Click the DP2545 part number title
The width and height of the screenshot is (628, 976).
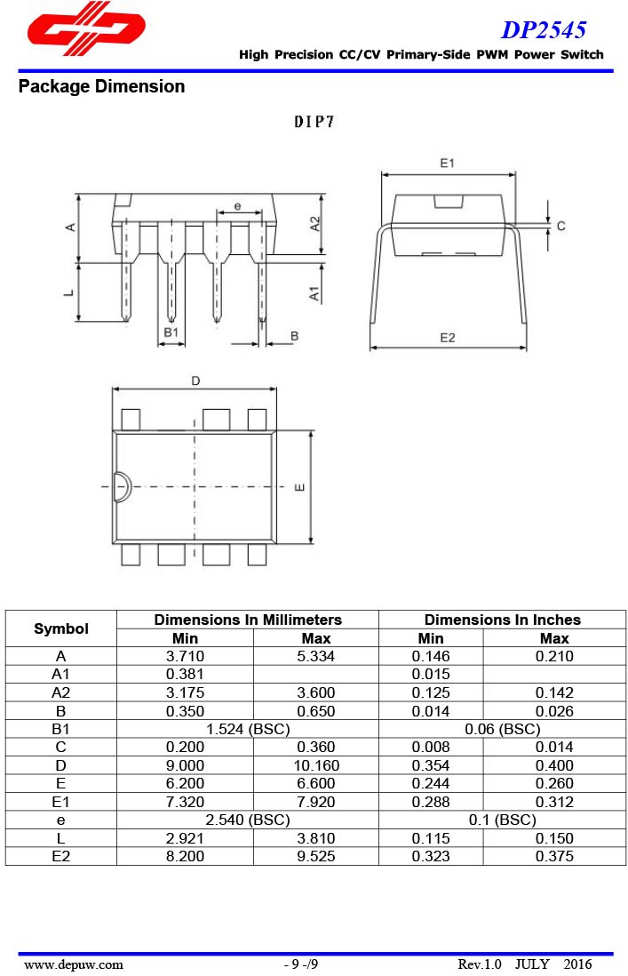pyautogui.click(x=543, y=30)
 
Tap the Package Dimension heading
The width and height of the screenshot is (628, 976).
pyautogui.click(x=101, y=87)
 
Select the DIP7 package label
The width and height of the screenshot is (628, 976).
pyautogui.click(x=314, y=123)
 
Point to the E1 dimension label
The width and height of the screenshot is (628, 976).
pyautogui.click(x=447, y=164)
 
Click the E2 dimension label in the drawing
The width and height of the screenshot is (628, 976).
pyautogui.click(x=447, y=338)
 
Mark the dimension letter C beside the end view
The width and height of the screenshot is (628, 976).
pyautogui.click(x=560, y=227)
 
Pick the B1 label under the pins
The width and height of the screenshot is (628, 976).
pyautogui.click(x=171, y=332)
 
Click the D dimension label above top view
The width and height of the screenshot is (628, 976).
pyautogui.click(x=195, y=380)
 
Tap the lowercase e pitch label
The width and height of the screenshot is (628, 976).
pyautogui.click(x=237, y=206)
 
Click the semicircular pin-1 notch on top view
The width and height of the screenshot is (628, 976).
pyautogui.click(x=122, y=487)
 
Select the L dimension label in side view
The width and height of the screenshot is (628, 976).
pyautogui.click(x=69, y=292)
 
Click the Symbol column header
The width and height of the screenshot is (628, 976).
pyautogui.click(x=61, y=628)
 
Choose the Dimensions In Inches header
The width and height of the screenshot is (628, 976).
pyautogui.click(x=502, y=620)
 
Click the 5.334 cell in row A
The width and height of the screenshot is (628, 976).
pyautogui.click(x=315, y=656)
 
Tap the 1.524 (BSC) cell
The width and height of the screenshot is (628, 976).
pyautogui.click(x=248, y=729)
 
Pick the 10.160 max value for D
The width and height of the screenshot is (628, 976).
pyautogui.click(x=315, y=765)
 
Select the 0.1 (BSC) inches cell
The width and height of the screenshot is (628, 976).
pyautogui.click(x=502, y=820)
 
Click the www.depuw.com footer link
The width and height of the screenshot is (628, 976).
pyautogui.click(x=74, y=964)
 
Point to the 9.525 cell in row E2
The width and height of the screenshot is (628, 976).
pyautogui.click(x=315, y=856)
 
